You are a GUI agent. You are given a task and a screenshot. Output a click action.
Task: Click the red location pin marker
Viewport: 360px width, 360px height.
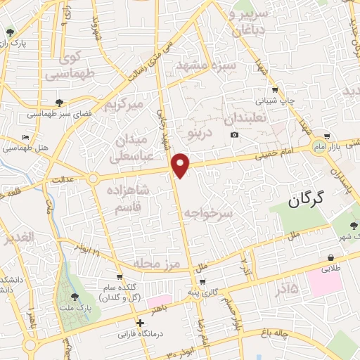(181, 165)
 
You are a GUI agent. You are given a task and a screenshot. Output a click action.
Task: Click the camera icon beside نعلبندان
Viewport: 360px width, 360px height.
(234, 134)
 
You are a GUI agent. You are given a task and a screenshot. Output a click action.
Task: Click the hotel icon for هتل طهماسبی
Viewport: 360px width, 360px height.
(26, 137)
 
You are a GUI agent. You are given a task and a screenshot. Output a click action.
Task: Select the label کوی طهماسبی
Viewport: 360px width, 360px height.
(67, 64)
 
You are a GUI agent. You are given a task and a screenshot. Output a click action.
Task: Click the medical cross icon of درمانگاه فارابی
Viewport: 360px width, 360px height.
(141, 323)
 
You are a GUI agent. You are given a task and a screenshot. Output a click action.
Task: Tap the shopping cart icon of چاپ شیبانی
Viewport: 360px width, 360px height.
(274, 89)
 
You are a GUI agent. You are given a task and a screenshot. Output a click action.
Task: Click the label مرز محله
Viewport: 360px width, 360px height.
(157, 264)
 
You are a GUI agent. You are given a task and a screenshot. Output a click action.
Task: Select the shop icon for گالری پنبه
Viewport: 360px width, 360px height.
(202, 282)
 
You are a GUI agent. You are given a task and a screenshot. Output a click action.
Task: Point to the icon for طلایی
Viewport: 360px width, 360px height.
(330, 257)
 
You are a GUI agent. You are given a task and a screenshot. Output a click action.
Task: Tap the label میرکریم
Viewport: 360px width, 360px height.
(123, 105)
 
